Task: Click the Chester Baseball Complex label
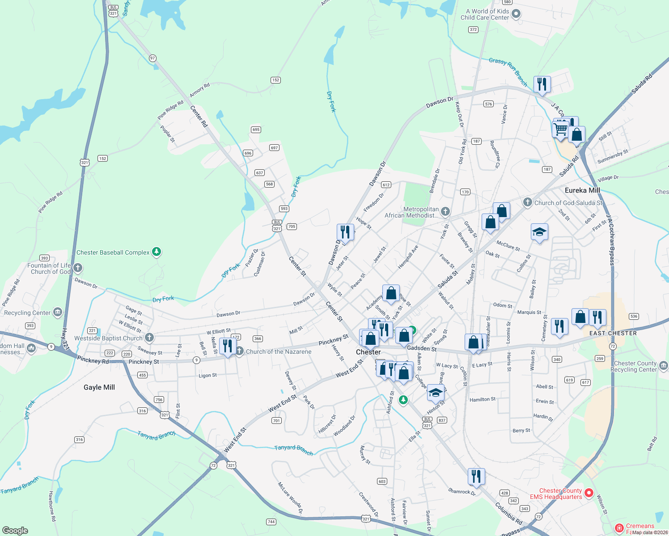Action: tap(113, 252)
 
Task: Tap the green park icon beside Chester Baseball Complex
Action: tap(156, 252)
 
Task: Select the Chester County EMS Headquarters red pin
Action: tap(589, 493)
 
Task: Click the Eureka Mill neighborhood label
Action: tap(582, 190)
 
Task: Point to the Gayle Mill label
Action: tap(99, 387)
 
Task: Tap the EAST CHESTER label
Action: tap(613, 333)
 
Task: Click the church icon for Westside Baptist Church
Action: tap(149, 338)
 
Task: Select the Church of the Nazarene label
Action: tap(279, 352)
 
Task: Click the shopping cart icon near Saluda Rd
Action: tap(560, 130)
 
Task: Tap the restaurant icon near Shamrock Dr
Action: tap(476, 477)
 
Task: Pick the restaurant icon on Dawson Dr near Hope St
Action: tap(345, 232)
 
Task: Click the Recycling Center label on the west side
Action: tap(27, 313)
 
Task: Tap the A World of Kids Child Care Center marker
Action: tap(516, 14)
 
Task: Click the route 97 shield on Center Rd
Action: tap(152, 58)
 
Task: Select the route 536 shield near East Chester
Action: tap(634, 316)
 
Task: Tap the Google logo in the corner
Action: tap(15, 530)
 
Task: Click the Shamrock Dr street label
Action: tap(462, 491)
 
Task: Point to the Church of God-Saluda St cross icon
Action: tap(528, 202)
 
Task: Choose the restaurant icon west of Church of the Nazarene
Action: tap(228, 346)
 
